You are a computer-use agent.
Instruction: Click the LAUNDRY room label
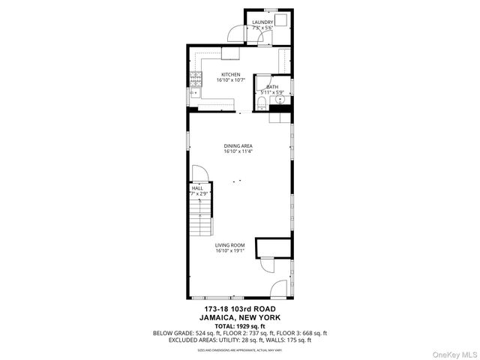[262, 22]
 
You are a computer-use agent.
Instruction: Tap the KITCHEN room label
[230, 74]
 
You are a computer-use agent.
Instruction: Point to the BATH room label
[271, 87]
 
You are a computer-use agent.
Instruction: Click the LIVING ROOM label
[230, 245]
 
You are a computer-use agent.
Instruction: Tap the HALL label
[197, 188]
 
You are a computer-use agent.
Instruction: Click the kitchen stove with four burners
[195, 78]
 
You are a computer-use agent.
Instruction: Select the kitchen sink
[194, 93]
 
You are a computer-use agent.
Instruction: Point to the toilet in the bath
[261, 103]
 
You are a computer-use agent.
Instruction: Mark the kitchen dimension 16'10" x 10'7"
[230, 79]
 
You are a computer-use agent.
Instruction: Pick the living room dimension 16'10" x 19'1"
[230, 250]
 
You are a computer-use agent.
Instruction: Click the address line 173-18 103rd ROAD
[240, 309]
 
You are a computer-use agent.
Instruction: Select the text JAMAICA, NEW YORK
[240, 316]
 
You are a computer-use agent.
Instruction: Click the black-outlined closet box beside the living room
[273, 247]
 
